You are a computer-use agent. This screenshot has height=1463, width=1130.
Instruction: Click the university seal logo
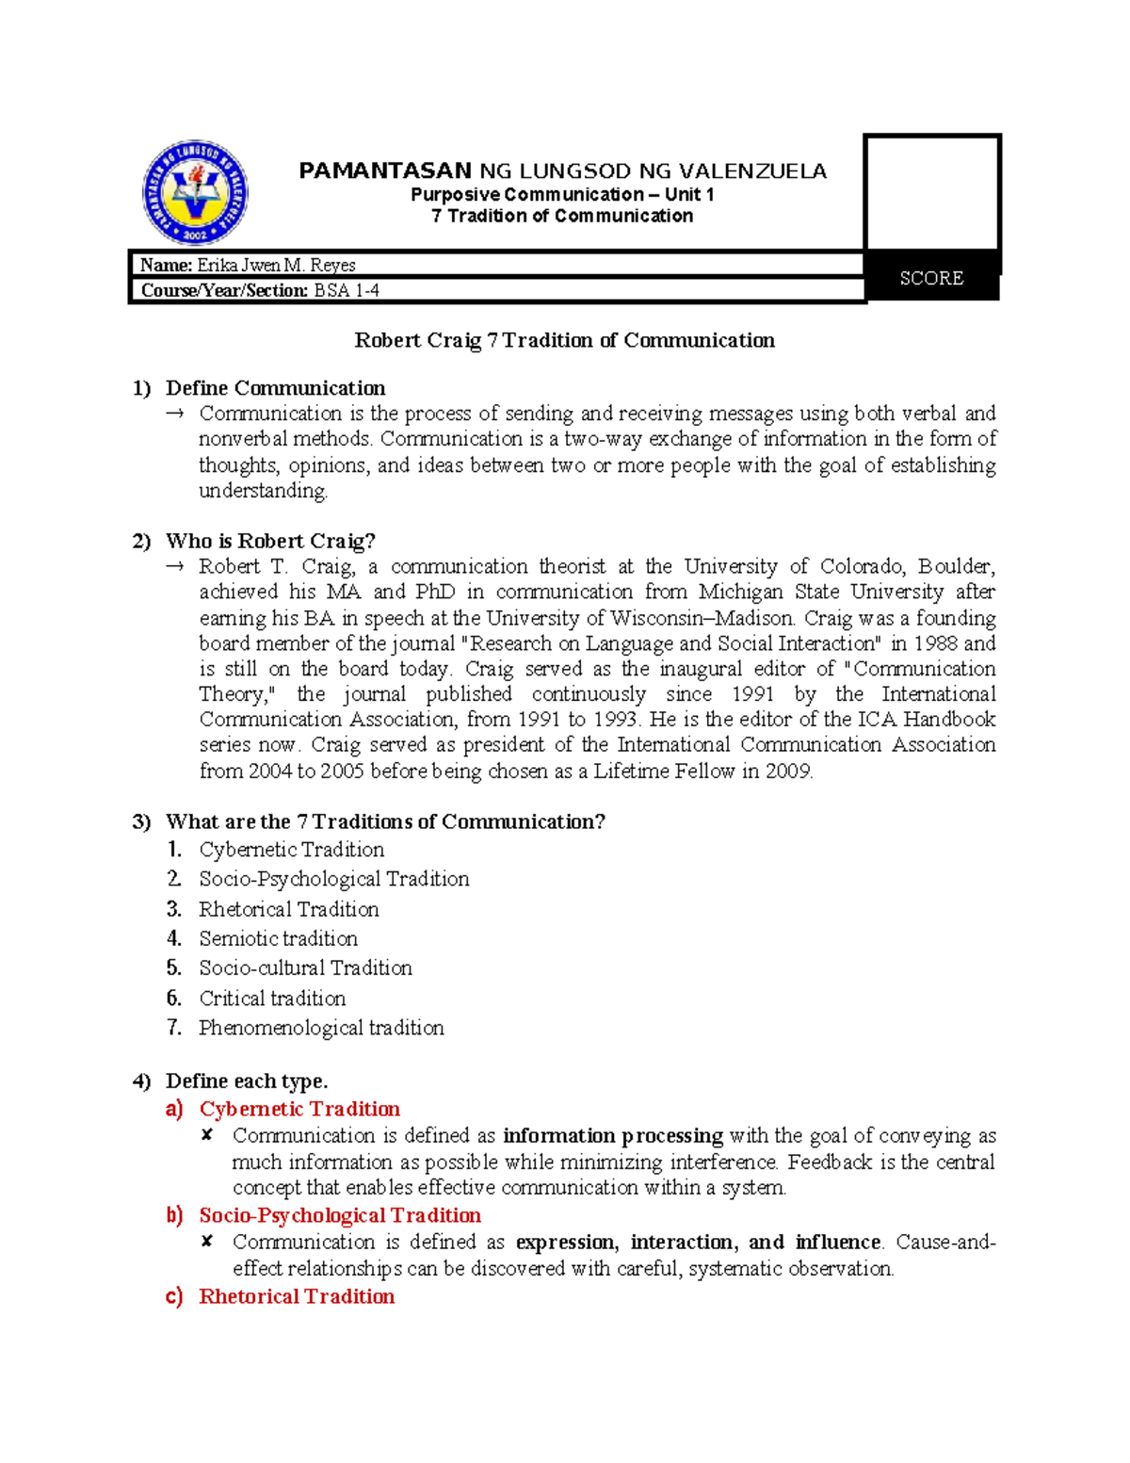[195, 193]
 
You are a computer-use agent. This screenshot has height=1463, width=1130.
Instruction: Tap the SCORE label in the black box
[930, 278]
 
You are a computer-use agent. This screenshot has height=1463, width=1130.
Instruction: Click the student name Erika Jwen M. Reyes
[275, 266]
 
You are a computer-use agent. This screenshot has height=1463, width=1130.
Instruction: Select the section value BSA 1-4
[347, 291]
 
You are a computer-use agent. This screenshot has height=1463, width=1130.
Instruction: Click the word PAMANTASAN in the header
[384, 171]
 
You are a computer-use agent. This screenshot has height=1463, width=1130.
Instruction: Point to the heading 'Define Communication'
[275, 388]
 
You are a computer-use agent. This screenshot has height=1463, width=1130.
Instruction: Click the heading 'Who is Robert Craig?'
[270, 541]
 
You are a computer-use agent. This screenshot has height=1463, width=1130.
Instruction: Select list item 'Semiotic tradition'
[278, 938]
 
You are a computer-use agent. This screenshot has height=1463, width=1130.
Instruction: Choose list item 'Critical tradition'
[272, 998]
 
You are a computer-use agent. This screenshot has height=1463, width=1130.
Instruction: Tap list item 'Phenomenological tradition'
[321, 1028]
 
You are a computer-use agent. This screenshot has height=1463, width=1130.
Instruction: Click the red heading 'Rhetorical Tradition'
[297, 1296]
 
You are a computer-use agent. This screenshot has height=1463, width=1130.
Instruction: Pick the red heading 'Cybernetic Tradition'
[299, 1109]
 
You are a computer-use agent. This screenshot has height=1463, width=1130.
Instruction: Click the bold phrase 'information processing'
[612, 1135]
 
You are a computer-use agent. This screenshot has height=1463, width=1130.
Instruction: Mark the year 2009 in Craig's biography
[789, 771]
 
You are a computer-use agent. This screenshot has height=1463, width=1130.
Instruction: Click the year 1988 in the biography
[934, 643]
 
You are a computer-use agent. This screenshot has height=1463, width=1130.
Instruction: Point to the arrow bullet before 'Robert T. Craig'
[174, 567]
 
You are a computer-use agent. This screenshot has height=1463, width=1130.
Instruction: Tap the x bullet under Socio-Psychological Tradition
[207, 1242]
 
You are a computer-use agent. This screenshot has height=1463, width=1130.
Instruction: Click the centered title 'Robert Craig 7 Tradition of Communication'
[564, 340]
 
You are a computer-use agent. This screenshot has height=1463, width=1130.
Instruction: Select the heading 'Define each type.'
[247, 1081]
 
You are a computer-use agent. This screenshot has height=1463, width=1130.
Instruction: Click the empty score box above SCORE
[931, 193]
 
